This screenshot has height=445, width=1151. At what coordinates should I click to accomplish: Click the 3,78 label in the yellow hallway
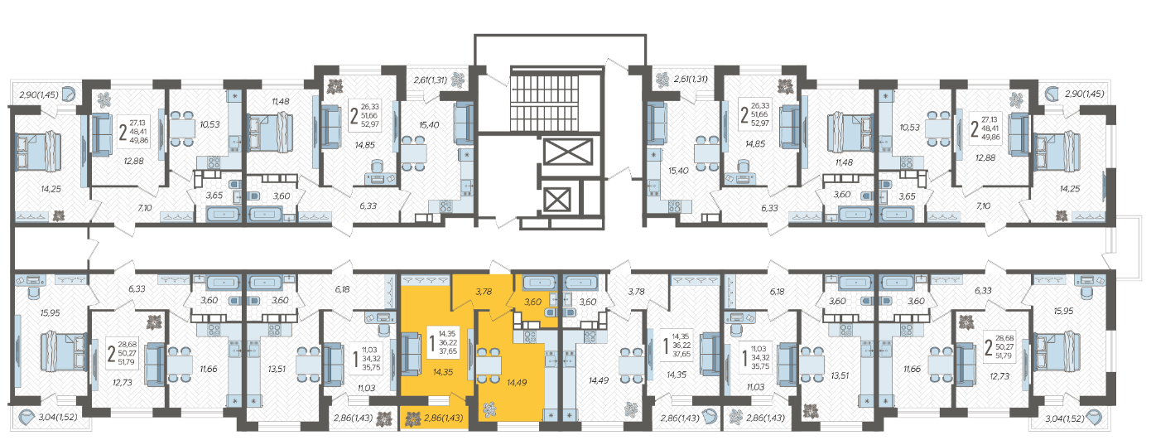tap(484, 292)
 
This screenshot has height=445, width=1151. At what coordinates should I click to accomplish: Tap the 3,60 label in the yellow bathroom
tap(532, 302)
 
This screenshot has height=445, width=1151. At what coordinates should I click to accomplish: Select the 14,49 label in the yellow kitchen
tap(517, 383)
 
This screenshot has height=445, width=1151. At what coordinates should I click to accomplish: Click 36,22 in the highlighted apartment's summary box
tap(447, 342)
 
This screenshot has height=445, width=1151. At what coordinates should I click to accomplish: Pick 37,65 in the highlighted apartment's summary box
tap(447, 351)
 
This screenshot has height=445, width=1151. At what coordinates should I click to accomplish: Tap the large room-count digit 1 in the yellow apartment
tap(432, 343)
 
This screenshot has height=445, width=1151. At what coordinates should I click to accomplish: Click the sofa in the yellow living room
tap(411, 353)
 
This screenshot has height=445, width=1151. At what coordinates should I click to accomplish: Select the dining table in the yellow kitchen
tap(489, 365)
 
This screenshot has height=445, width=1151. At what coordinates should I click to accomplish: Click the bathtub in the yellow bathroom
tap(539, 283)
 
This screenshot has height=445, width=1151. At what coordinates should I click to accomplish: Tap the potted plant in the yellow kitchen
tap(489, 409)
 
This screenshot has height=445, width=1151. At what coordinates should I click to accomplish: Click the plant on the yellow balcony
tap(412, 419)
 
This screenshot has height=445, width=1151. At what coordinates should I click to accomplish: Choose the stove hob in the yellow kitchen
tap(530, 337)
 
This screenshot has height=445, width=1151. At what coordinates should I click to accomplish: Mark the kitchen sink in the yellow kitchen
tap(551, 359)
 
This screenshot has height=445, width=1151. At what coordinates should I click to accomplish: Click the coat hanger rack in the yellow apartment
tap(426, 280)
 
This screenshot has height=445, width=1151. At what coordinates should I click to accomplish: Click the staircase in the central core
tap(544, 101)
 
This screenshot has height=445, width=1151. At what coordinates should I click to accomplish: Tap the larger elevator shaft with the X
tap(568, 152)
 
